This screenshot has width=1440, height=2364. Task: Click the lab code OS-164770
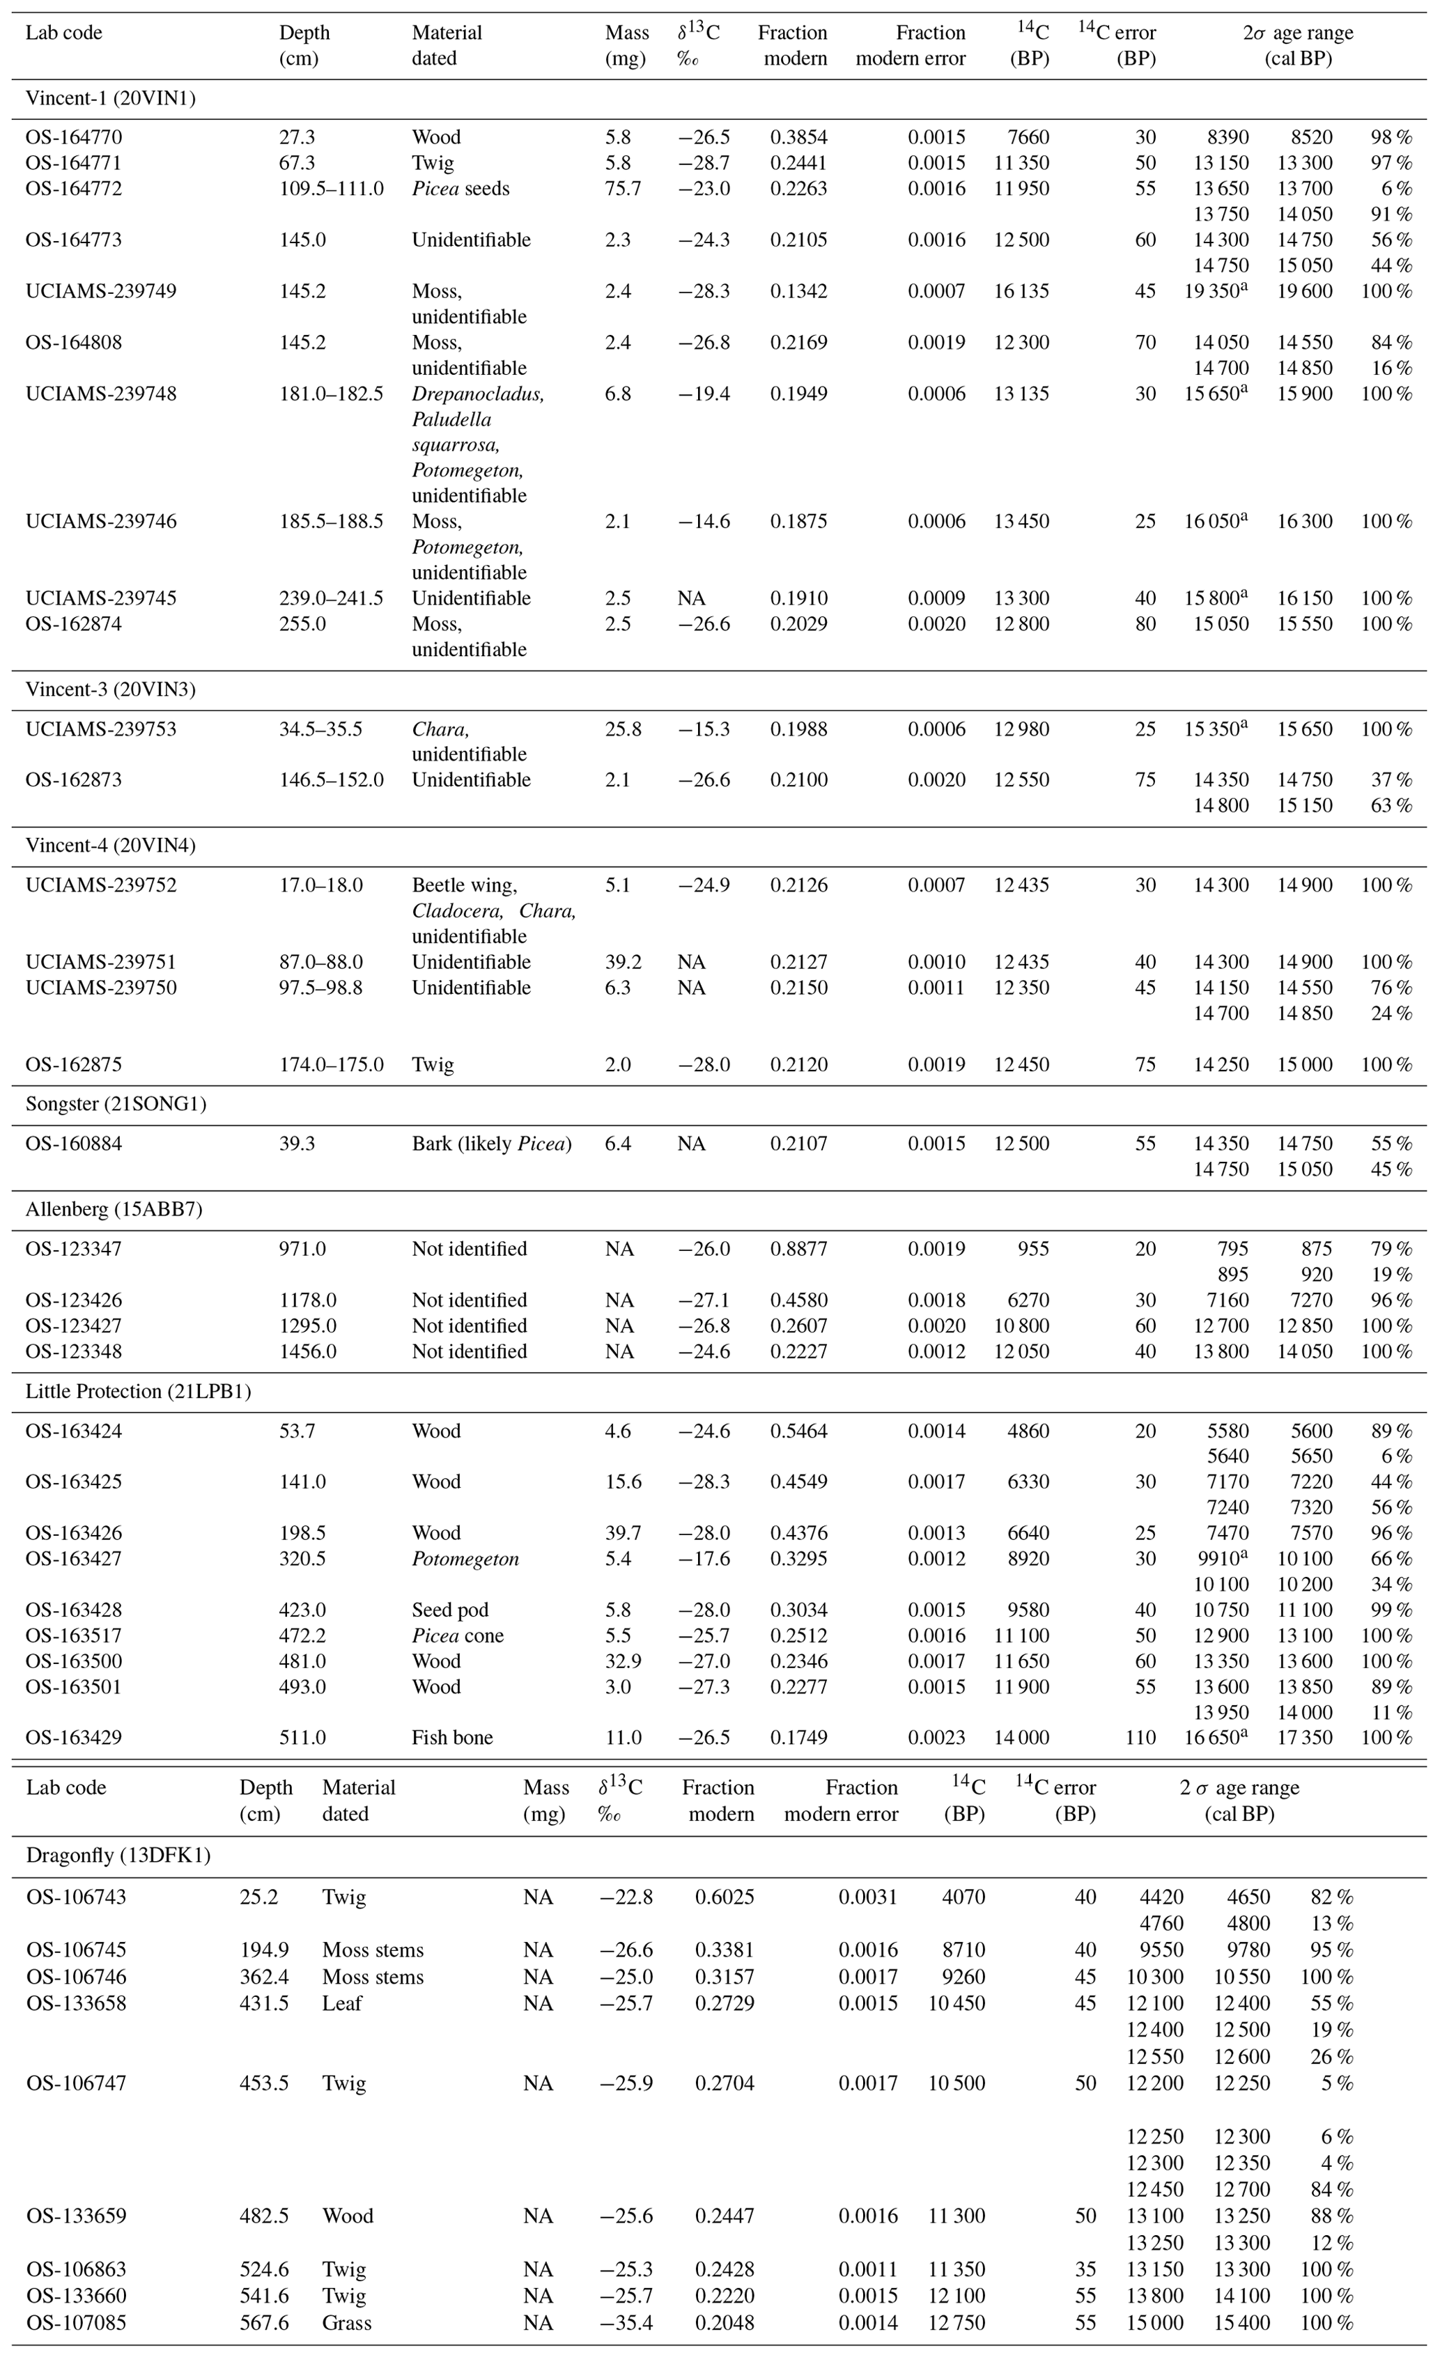coord(74,137)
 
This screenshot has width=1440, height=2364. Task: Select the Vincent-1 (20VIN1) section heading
coord(110,98)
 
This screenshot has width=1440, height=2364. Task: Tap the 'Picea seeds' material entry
coord(460,189)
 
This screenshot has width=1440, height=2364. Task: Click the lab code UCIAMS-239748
coord(101,394)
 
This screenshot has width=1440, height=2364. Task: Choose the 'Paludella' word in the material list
coord(452,419)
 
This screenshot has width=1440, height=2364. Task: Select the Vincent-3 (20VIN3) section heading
coord(110,690)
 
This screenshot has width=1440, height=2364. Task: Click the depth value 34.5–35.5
coord(320,729)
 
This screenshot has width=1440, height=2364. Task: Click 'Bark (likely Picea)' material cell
coord(491,1144)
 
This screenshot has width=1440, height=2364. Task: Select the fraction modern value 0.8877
coord(798,1249)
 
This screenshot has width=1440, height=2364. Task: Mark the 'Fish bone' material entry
coord(452,1738)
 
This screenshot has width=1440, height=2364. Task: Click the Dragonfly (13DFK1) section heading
coord(118,1856)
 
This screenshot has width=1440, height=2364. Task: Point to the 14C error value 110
coord(1140,1738)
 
